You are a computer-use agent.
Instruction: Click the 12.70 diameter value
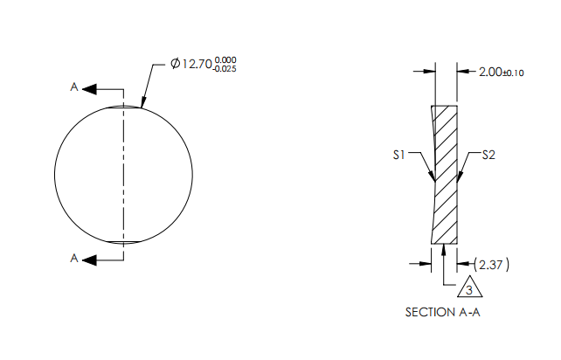197,65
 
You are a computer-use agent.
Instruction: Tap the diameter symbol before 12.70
176,65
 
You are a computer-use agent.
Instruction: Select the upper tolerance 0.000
225,59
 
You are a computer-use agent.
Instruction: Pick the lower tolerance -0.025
225,70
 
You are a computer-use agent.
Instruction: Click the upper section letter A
75,88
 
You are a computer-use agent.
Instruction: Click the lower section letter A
75,258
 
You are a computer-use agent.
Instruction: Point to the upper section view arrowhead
91,88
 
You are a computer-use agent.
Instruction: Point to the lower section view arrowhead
91,258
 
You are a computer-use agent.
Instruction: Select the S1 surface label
399,156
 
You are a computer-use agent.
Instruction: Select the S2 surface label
489,156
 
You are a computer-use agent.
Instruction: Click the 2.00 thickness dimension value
489,73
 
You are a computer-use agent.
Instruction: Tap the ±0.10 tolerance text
513,73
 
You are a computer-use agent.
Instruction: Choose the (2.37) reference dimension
495,264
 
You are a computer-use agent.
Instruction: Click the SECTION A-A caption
443,312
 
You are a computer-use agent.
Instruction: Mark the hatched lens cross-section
447,175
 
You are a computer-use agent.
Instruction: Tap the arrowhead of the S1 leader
433,181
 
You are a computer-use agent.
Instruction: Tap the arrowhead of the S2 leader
459,181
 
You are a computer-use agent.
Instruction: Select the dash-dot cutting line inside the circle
123,175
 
